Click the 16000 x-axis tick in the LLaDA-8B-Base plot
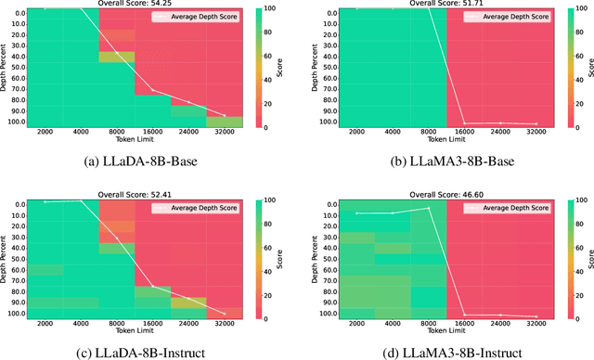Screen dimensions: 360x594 pyautogui.click(x=153, y=133)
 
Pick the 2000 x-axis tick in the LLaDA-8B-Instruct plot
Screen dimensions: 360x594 pyautogui.click(x=45, y=325)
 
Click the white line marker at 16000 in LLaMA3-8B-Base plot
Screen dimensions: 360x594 pyautogui.click(x=465, y=123)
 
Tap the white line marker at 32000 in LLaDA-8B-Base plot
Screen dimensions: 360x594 pyautogui.click(x=224, y=115)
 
